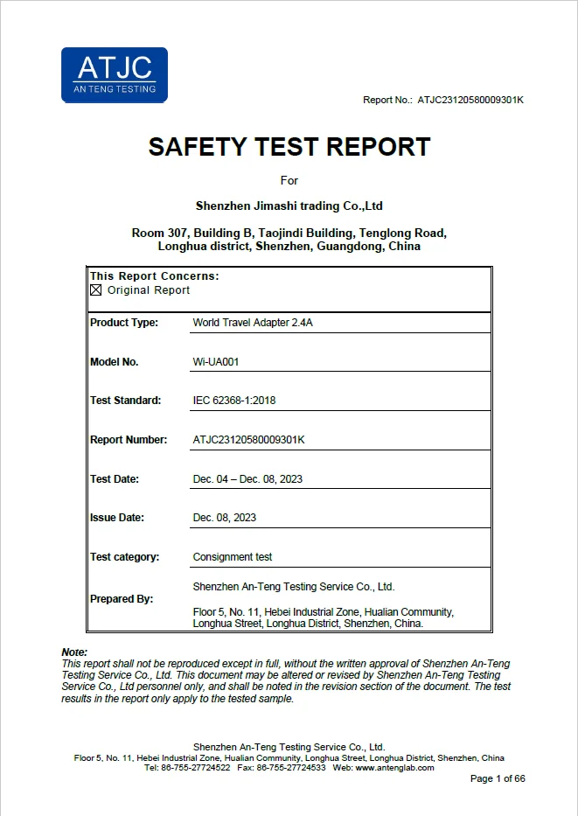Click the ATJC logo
tap(114, 74)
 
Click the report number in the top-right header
tap(470, 100)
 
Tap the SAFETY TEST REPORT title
tap(289, 147)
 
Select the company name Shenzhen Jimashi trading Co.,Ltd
tap(289, 206)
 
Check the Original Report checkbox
tap(96, 290)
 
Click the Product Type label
tap(124, 323)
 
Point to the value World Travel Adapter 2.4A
tap(253, 323)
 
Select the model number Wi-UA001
tap(215, 362)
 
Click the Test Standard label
tap(126, 401)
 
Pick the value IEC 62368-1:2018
tap(234, 401)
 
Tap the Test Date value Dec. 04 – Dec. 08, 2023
tap(247, 479)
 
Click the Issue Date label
tap(117, 518)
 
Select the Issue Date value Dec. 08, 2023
tap(225, 518)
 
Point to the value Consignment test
tap(233, 557)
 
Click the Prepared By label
tap(122, 599)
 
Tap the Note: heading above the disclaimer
tap(74, 652)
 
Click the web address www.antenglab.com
tap(394, 768)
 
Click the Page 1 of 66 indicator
tap(498, 779)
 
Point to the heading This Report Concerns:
tap(155, 276)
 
